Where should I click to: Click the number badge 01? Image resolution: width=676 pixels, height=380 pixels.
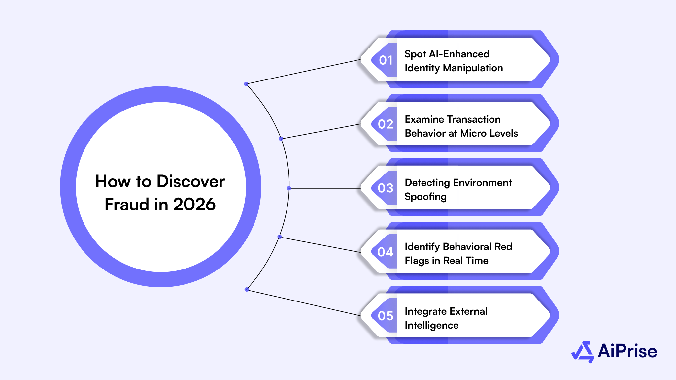385,60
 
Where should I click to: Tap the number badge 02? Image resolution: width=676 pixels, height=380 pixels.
385,124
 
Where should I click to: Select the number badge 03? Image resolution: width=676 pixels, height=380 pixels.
385,188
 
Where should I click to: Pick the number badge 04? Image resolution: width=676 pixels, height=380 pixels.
385,252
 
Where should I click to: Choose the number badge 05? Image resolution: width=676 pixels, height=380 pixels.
385,316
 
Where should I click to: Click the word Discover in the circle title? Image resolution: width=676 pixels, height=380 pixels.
190,181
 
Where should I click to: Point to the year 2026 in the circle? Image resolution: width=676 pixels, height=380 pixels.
194,205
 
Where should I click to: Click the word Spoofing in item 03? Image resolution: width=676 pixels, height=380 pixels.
425,197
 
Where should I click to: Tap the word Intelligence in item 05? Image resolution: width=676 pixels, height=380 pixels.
431,325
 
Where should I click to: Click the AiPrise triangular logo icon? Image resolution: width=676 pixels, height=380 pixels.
583,352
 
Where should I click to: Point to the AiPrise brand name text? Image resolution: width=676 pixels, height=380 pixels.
627,351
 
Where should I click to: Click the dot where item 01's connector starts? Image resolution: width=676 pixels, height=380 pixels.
246,84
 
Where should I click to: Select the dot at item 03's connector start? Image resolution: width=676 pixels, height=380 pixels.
289,188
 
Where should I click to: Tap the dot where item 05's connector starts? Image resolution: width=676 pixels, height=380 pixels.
247,290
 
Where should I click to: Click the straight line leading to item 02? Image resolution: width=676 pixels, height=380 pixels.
320,131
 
